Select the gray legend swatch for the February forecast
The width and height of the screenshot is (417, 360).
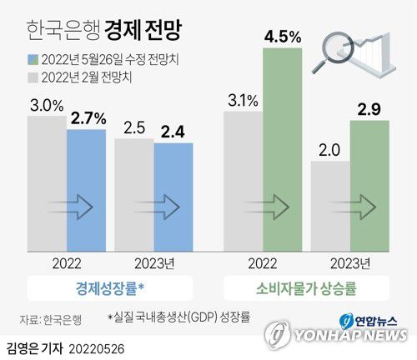34,77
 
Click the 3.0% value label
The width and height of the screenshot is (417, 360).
47,106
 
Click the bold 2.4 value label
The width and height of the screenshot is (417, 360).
173,132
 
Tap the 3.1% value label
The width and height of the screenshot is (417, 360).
243,102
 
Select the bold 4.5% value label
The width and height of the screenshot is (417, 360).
283,37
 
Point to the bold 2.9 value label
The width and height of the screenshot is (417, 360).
369,110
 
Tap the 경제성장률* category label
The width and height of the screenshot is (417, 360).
109,289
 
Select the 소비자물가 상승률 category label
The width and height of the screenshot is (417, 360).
308,289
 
